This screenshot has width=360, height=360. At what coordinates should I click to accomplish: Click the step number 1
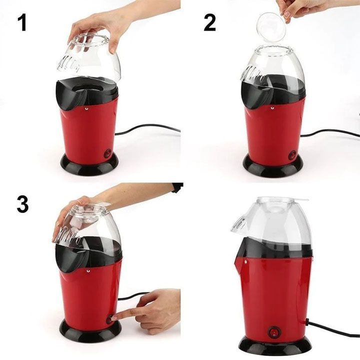coord(22,22)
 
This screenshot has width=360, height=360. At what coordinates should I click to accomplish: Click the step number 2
coord(209,22)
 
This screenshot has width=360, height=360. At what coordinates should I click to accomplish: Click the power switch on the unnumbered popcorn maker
coord(273,331)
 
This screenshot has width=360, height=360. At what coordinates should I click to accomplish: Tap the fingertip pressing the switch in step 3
coord(114,318)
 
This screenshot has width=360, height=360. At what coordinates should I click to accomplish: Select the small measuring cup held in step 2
coord(272,27)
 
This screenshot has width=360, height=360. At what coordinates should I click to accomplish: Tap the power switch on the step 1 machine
coord(108,154)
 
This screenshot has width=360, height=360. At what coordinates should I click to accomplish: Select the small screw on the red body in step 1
coord(86,107)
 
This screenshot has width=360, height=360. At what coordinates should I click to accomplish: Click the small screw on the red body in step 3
coord(88,271)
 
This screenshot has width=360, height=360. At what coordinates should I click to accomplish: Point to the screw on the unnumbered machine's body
coord(245,261)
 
